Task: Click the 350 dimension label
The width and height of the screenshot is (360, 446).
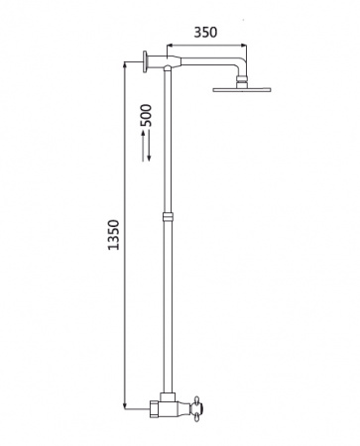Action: (205, 33)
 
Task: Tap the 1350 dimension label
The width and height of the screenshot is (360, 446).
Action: (114, 235)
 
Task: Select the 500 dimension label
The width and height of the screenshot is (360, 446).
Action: (146, 115)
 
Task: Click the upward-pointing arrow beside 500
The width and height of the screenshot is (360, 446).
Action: (143, 146)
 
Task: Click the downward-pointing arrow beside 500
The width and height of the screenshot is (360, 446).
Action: (149, 146)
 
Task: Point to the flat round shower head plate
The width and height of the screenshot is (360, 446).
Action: (242, 89)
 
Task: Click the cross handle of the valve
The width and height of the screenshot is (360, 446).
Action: (197, 408)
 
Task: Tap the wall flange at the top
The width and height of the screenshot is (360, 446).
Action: (145, 61)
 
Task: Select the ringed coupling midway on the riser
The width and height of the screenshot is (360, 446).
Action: (168, 217)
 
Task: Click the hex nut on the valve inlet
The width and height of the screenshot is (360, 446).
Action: (155, 408)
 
